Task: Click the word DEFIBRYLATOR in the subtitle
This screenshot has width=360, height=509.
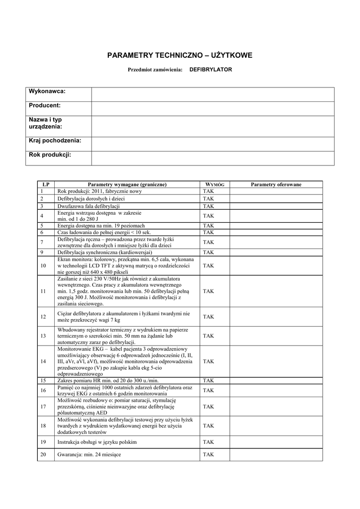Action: [211, 70]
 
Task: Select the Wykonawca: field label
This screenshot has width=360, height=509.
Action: [47, 91]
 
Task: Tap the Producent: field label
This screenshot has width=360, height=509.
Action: [45, 105]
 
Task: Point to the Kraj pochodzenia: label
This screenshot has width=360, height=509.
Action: [55, 141]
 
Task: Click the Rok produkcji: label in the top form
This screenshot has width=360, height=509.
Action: [50, 155]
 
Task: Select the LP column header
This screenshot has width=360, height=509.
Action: [46, 184]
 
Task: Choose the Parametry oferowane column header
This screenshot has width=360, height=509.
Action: [276, 184]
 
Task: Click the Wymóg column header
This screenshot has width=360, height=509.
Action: [215, 184]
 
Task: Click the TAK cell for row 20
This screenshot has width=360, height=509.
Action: [208, 455]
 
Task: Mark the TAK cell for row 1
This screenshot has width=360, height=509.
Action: [208, 191]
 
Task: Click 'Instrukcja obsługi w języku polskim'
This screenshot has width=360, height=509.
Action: [97, 442]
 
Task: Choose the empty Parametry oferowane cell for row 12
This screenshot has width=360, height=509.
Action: [276, 317]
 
